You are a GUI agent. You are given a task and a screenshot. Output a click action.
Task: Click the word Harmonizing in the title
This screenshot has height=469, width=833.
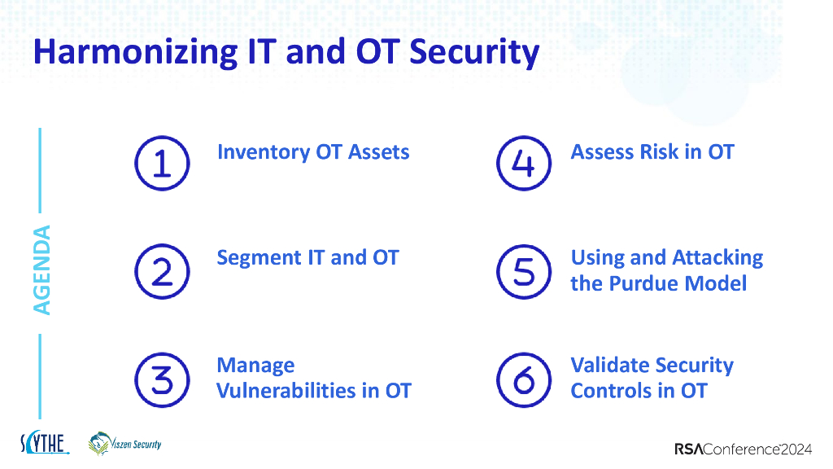click(136, 53)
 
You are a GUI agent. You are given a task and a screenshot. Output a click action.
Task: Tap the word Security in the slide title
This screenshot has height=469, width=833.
click(474, 53)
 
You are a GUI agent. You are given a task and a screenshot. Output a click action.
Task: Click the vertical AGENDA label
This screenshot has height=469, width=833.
click(42, 270)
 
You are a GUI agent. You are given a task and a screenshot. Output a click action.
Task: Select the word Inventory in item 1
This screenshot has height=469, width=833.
click(264, 152)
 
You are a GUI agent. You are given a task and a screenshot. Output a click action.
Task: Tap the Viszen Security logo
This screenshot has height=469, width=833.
click(124, 444)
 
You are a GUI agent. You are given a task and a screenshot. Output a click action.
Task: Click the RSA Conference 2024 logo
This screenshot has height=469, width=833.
click(744, 449)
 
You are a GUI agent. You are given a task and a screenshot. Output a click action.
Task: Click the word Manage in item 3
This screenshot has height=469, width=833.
click(255, 366)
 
